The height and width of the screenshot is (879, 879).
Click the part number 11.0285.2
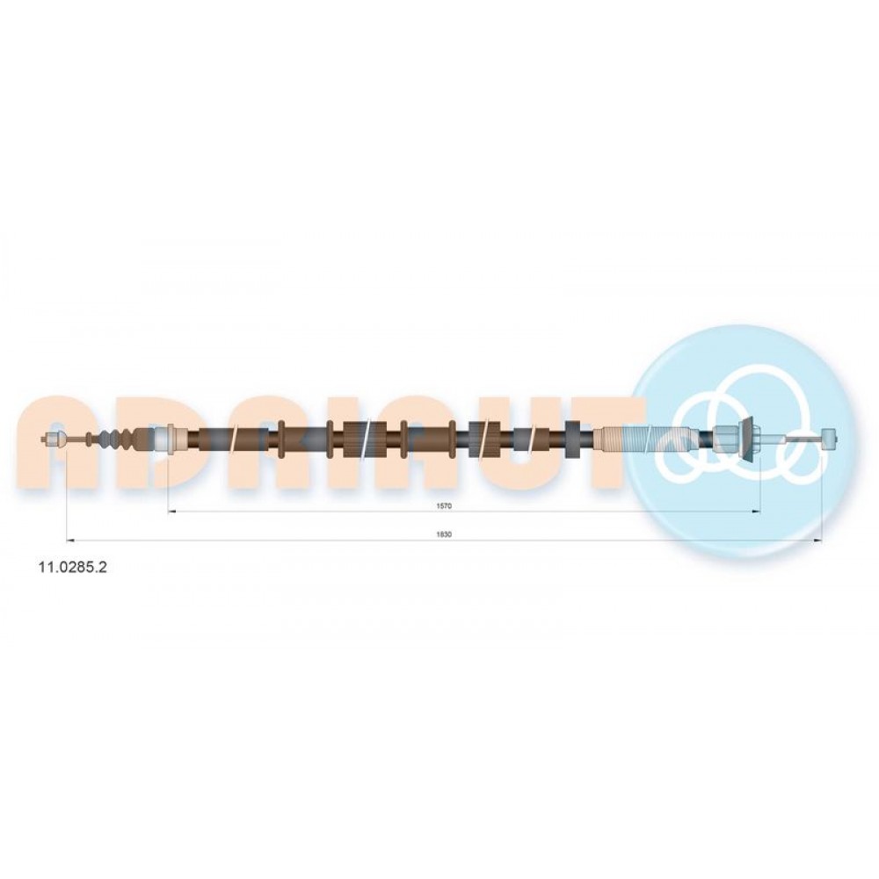tap(72, 567)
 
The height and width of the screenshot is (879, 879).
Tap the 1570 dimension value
tap(444, 505)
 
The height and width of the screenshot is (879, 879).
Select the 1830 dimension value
tap(444, 534)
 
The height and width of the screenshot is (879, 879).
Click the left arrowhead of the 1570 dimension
tap(172, 512)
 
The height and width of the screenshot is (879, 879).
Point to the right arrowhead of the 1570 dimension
tap(756, 512)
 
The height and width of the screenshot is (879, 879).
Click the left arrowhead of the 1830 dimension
tap(71, 541)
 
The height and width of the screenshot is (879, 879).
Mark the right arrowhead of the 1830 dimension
tap(817, 541)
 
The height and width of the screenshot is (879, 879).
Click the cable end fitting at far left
tap(54, 439)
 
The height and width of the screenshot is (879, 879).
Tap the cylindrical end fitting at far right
tap(829, 437)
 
